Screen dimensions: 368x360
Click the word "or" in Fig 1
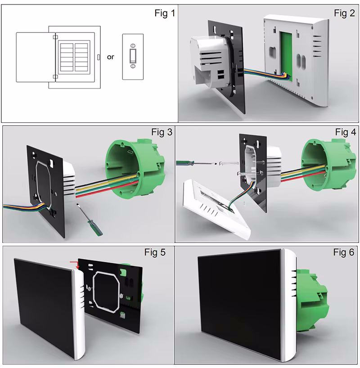click(111, 57)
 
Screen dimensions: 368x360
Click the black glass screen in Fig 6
click(241, 306)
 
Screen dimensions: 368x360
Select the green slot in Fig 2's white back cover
click(284, 54)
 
